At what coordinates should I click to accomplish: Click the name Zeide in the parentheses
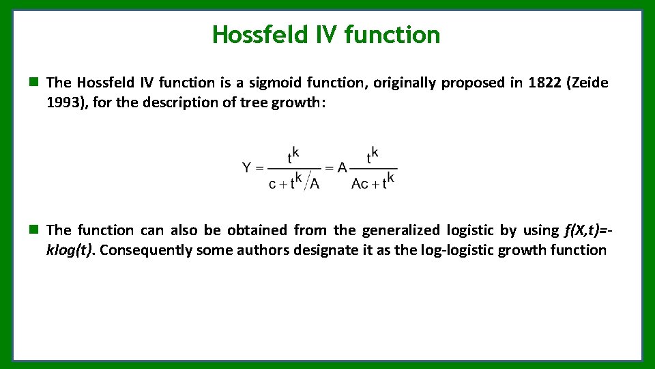(x=589, y=83)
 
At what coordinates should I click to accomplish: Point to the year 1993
(x=63, y=102)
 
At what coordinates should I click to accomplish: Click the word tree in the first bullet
(x=254, y=102)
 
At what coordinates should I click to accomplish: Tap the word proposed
(x=472, y=83)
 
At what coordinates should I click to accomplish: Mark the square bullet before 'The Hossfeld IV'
(x=33, y=83)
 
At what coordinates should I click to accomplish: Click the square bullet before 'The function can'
(x=33, y=230)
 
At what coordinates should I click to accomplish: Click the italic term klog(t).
(x=71, y=250)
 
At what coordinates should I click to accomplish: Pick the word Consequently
(x=146, y=250)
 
